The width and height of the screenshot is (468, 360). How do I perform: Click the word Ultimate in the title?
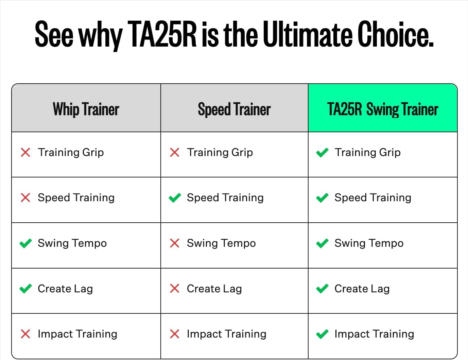pyautogui.click(x=308, y=34)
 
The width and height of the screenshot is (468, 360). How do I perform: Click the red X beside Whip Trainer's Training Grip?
pyautogui.click(x=25, y=152)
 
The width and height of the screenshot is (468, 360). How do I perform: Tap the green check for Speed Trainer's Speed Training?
pyautogui.click(x=175, y=198)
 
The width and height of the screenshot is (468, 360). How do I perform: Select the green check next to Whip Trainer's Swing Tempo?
pyautogui.click(x=25, y=243)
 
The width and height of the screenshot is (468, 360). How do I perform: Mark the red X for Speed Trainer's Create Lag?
pyautogui.click(x=175, y=289)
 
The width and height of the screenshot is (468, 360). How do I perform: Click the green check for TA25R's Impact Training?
pyautogui.click(x=322, y=334)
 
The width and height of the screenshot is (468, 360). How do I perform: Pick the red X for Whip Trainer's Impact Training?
pyautogui.click(x=25, y=334)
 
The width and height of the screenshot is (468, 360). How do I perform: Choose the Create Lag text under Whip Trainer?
pyautogui.click(x=65, y=289)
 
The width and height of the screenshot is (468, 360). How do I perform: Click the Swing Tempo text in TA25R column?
pyautogui.click(x=369, y=243)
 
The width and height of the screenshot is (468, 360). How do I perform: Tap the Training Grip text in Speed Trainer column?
pyautogui.click(x=220, y=152)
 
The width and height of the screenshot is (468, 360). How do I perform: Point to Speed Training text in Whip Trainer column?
pyautogui.click(x=76, y=198)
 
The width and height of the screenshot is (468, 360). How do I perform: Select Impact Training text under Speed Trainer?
pyautogui.click(x=227, y=334)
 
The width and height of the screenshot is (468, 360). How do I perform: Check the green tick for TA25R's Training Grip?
pyautogui.click(x=322, y=152)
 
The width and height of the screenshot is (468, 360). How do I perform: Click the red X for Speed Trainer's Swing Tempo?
pyautogui.click(x=175, y=243)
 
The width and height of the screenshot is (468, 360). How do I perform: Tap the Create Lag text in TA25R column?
pyautogui.click(x=362, y=289)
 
